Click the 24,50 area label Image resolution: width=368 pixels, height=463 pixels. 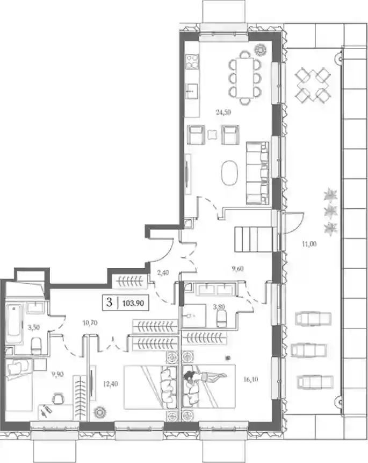[x=223, y=112]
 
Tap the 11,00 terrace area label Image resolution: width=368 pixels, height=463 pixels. [x=309, y=244]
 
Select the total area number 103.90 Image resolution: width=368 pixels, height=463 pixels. [x=133, y=303]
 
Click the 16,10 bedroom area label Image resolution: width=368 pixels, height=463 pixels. [x=251, y=380]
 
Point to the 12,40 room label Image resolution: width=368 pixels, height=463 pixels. [x=111, y=384]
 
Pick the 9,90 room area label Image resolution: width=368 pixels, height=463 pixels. [x=57, y=374]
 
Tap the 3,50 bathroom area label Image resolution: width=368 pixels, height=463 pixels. [x=34, y=327]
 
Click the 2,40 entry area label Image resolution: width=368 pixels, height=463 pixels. [x=163, y=273]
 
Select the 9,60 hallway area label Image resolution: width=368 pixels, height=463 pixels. [x=237, y=269]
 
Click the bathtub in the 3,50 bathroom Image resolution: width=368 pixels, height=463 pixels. [x=14, y=324]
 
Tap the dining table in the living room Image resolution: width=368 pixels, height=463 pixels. [x=245, y=78]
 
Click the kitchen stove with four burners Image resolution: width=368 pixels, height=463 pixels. [x=192, y=61]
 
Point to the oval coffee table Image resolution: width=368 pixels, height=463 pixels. [x=229, y=173]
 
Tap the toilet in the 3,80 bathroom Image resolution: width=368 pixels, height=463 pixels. [x=221, y=319]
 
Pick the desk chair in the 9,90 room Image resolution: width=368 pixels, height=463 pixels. [x=59, y=398]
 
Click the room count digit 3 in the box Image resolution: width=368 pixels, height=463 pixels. [x=109, y=303]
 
